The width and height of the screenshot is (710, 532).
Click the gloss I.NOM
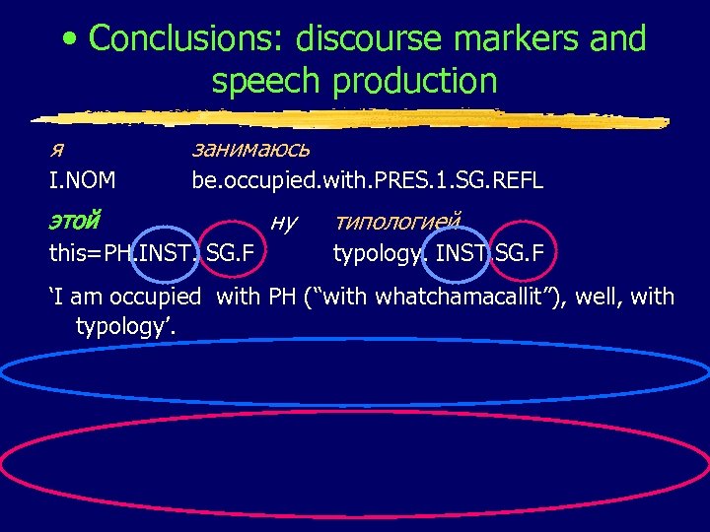(83, 180)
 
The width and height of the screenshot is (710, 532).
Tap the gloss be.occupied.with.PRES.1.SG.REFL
(367, 180)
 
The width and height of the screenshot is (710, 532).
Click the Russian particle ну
(283, 223)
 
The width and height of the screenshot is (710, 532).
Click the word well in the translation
(600, 296)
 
